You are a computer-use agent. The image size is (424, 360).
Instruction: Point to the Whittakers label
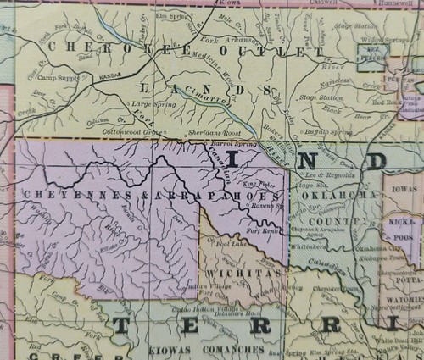coord(308,244)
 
